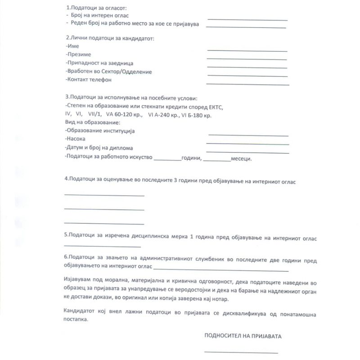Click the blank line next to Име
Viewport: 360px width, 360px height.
tap(247, 50)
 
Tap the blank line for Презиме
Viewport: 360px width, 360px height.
tap(247, 59)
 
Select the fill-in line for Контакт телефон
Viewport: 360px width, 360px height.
tap(247, 84)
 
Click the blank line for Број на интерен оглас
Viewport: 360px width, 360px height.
tap(247, 20)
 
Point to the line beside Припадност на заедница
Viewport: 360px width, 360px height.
tap(247, 67)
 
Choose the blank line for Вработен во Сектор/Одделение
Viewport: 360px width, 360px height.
tap(247, 76)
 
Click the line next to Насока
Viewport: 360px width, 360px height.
tap(247, 144)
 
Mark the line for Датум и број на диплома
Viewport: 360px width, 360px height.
tap(247, 153)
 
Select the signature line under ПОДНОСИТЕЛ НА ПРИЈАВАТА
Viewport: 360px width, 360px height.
tap(241, 352)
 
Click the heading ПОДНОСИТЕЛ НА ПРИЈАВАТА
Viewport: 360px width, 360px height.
tap(245, 336)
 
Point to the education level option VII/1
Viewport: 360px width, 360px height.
tap(95, 115)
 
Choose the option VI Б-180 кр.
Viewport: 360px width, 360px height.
tap(195, 115)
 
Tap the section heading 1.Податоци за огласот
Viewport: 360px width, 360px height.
tap(96, 8)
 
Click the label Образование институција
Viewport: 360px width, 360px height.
tap(100, 131)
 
